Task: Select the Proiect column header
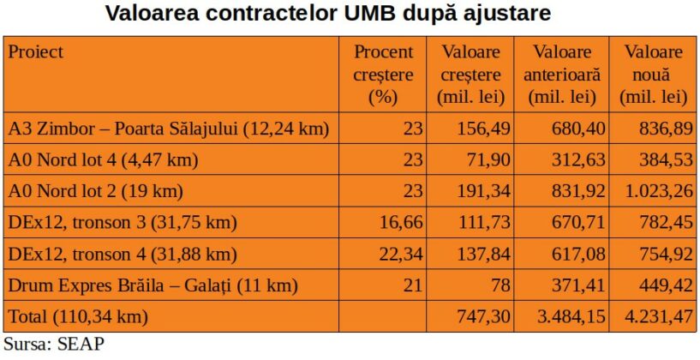point(36,51)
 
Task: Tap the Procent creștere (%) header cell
point(383,74)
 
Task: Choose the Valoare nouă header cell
point(654,74)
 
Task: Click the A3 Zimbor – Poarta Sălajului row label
point(169,129)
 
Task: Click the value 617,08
point(571,254)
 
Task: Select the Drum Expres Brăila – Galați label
point(153,285)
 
